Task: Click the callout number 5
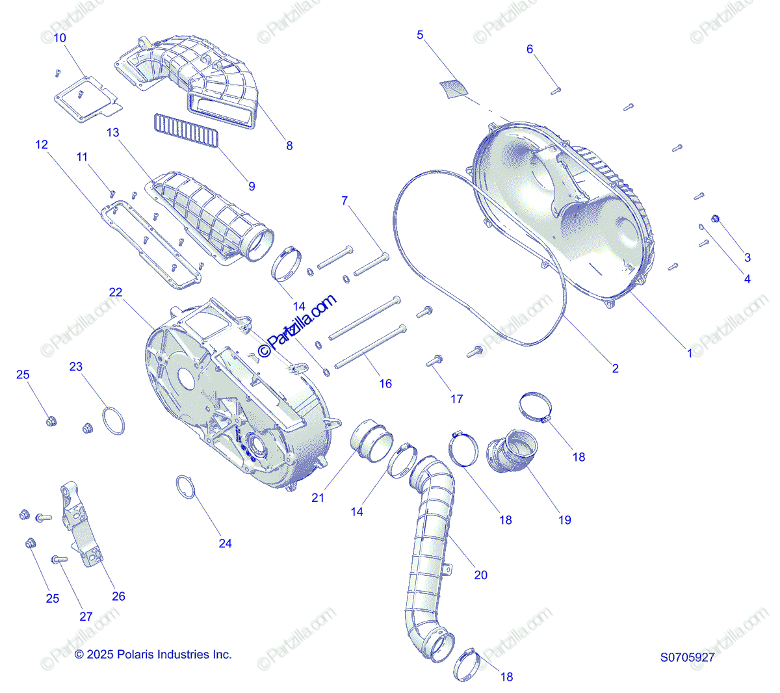pyautogui.click(x=420, y=34)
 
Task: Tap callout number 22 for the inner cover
pyautogui.click(x=115, y=293)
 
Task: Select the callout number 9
pyautogui.click(x=252, y=186)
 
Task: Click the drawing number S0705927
pyautogui.click(x=687, y=657)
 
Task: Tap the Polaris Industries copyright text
pyautogui.click(x=153, y=655)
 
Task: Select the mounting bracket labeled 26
pyautogui.click(x=81, y=527)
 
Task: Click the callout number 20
pyautogui.click(x=480, y=575)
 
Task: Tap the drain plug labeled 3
pyautogui.click(x=716, y=218)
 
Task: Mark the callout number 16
pyautogui.click(x=385, y=384)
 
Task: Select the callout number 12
pyautogui.click(x=42, y=144)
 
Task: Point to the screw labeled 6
pyautogui.click(x=556, y=91)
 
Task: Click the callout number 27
pyautogui.click(x=86, y=616)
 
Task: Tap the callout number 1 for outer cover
pyautogui.click(x=690, y=354)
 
